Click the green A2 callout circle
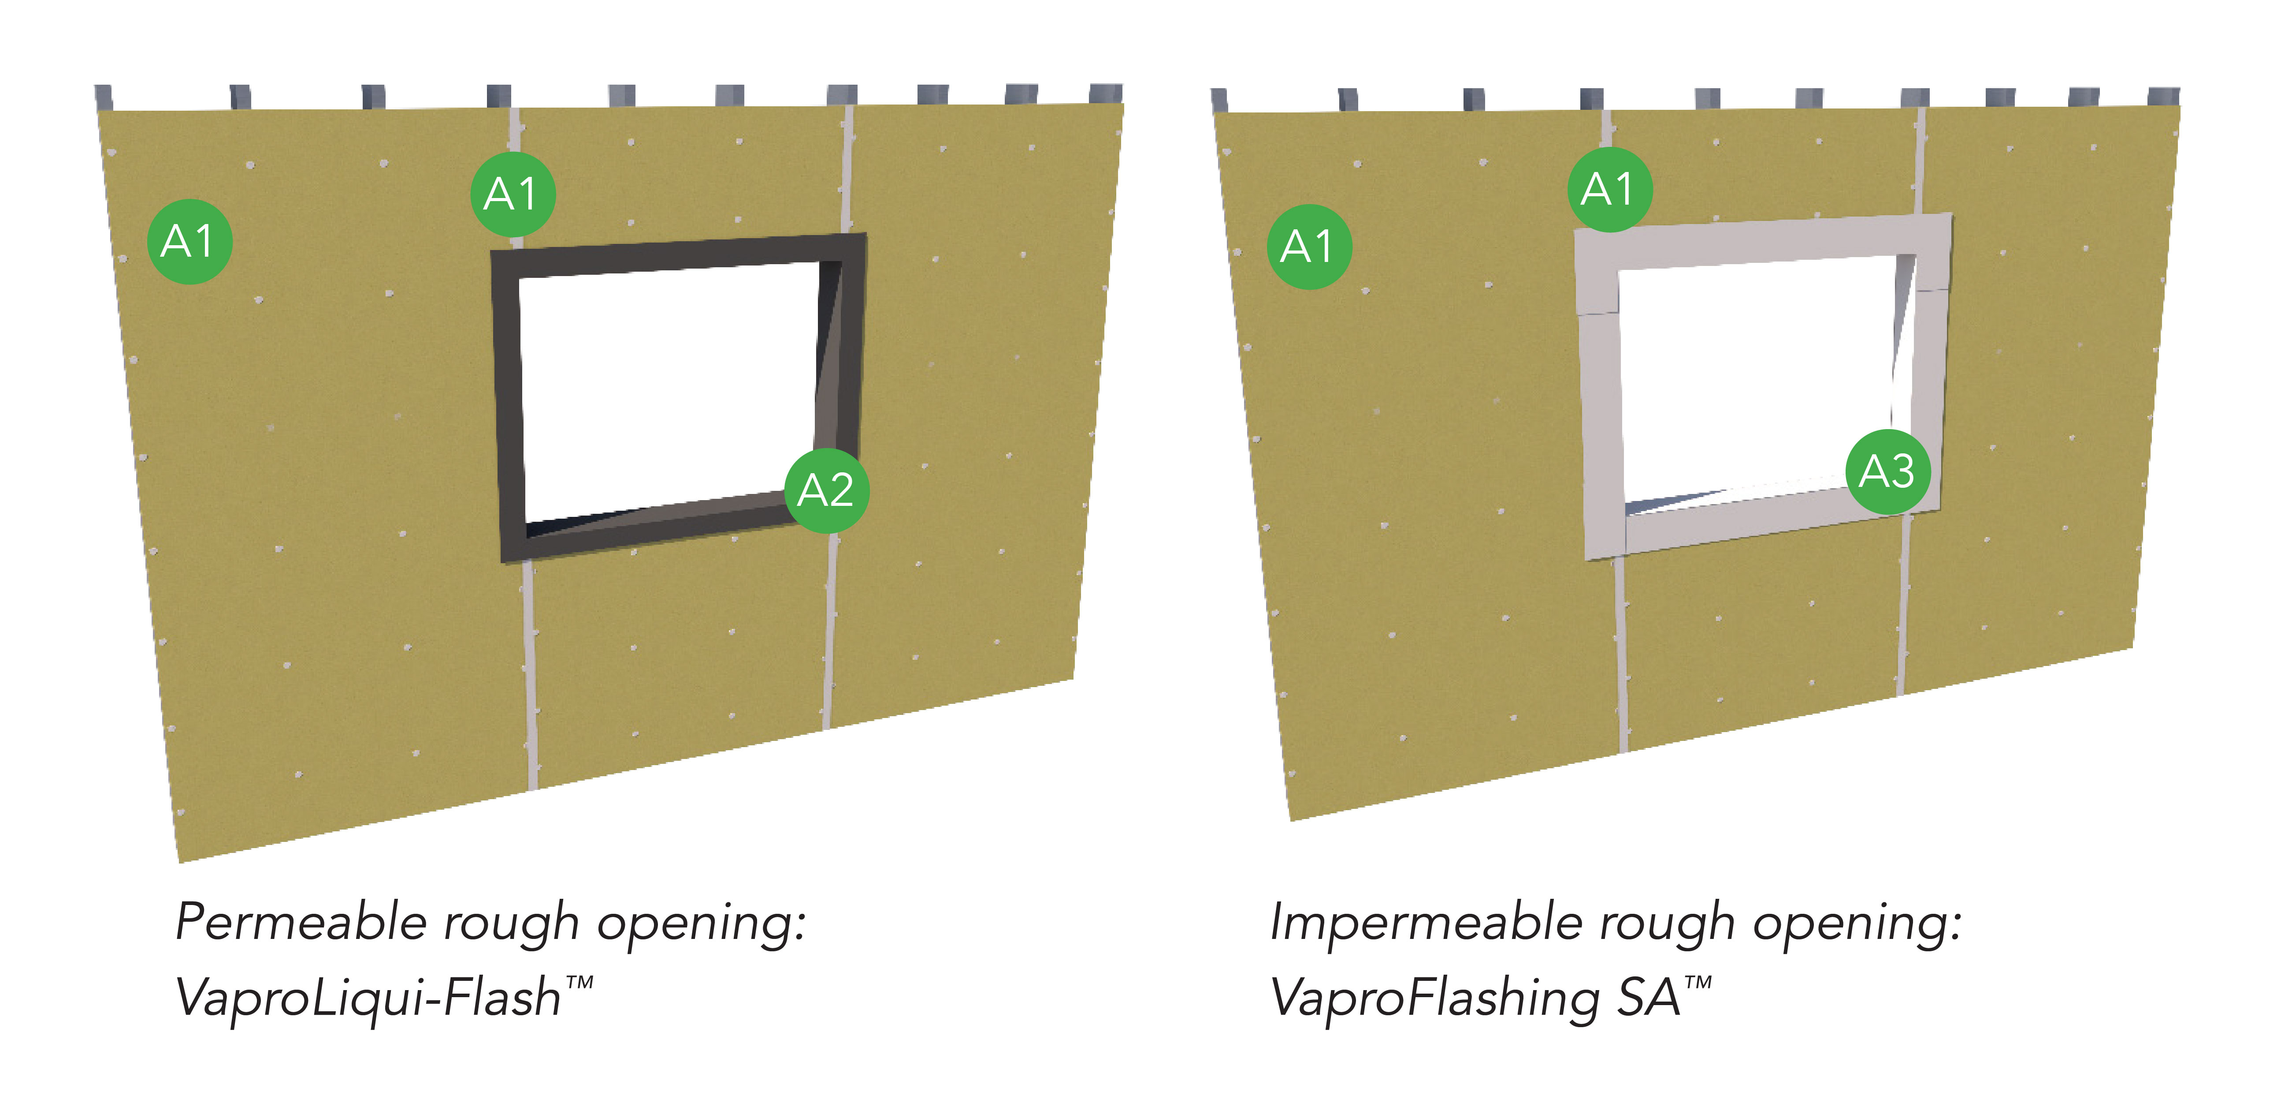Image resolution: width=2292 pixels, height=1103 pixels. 827,490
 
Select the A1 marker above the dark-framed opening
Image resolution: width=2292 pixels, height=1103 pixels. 513,194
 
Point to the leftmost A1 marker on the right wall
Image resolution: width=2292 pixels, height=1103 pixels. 1309,247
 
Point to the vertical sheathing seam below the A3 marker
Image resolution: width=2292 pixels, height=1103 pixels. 1904,606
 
